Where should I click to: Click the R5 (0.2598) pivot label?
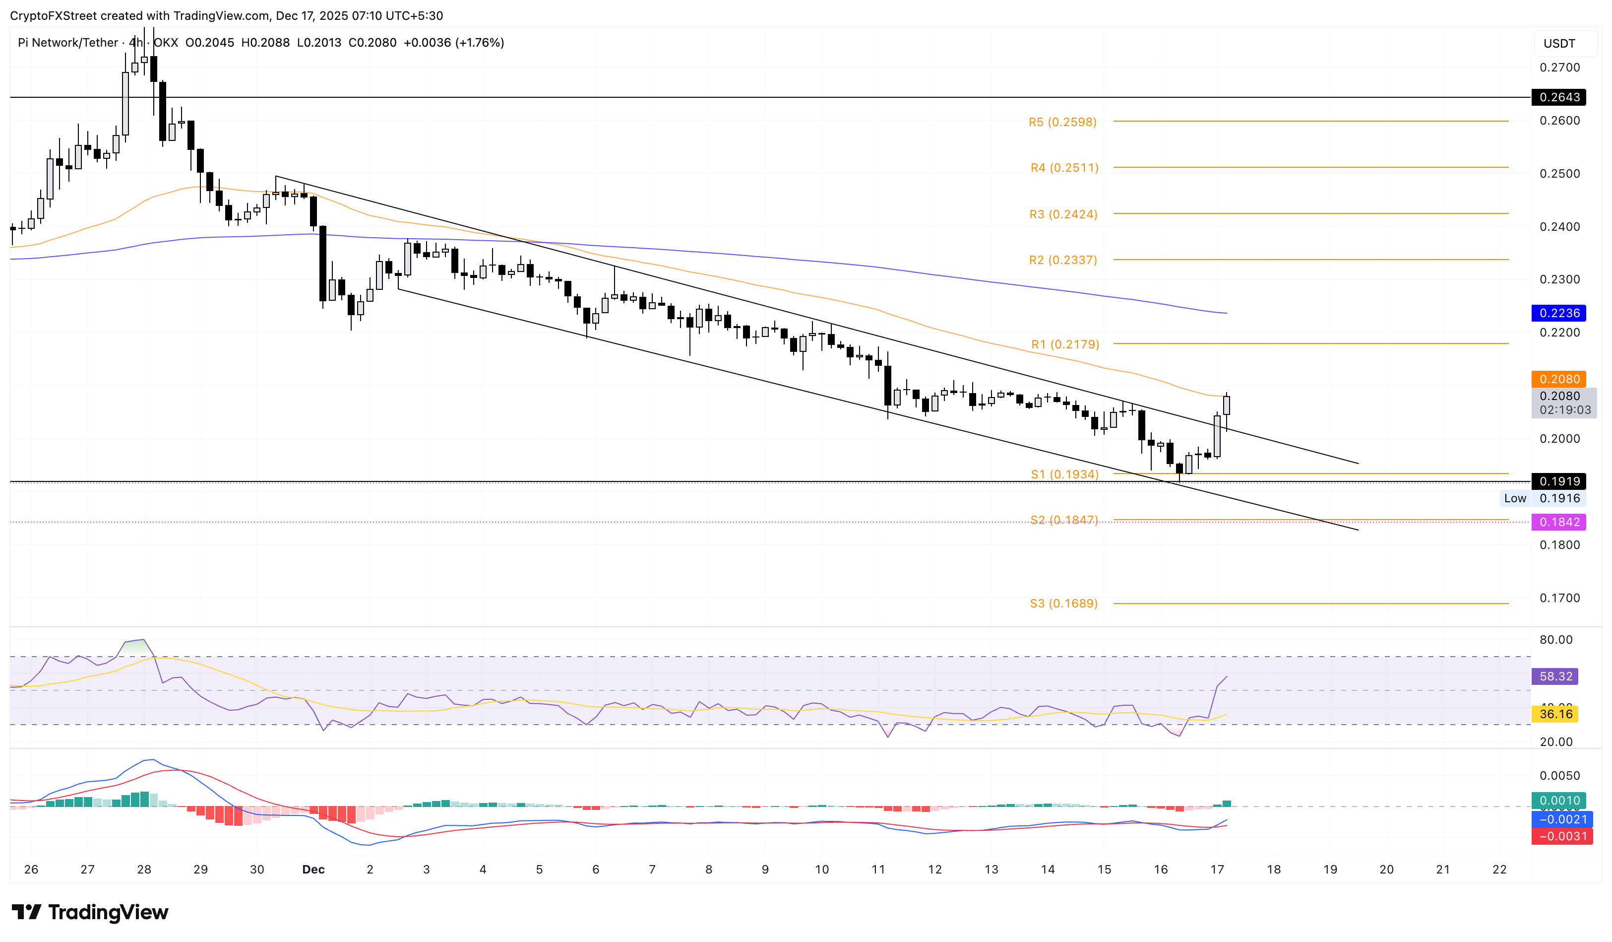(x=1062, y=122)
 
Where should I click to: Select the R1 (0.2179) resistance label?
(x=1064, y=344)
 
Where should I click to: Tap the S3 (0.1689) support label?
(x=1063, y=604)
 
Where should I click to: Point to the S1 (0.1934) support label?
(x=1064, y=474)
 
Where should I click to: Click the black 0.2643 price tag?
(x=1558, y=97)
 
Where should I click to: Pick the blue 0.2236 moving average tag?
(x=1558, y=313)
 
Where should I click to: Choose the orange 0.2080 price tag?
(x=1558, y=379)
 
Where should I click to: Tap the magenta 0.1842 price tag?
(x=1558, y=522)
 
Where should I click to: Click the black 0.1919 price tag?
(x=1558, y=481)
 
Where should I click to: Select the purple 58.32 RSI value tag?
(x=1554, y=676)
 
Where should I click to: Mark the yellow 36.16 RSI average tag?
(x=1554, y=714)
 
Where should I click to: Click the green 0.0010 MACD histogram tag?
(x=1558, y=801)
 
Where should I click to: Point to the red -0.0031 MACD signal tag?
(x=1561, y=836)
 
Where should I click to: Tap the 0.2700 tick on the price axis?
(x=1559, y=67)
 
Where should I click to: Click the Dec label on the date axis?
(x=313, y=870)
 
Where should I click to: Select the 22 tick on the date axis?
(x=1499, y=870)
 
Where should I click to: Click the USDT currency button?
(x=1559, y=44)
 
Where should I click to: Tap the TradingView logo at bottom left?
(x=90, y=912)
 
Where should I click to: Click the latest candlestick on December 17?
(x=1226, y=405)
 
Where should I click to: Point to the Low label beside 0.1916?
(x=1515, y=498)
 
